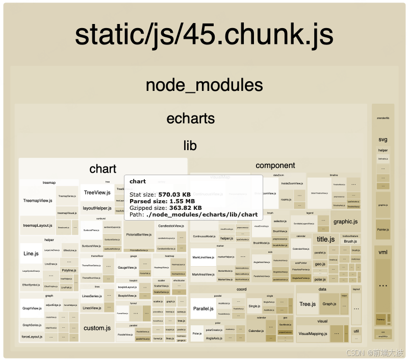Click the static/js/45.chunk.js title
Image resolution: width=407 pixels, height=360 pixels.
[204, 34]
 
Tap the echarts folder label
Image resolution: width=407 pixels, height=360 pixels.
[190, 118]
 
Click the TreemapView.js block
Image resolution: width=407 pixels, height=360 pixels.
[38, 201]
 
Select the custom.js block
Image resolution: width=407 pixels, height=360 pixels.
[97, 328]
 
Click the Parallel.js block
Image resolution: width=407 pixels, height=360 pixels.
[202, 309]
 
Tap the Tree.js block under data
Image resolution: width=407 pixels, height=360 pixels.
[308, 304]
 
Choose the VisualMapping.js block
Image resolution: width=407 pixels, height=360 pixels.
[313, 333]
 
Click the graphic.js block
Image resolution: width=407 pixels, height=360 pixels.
[345, 222]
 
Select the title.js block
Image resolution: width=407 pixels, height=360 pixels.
[325, 239]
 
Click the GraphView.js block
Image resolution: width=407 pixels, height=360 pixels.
[32, 308]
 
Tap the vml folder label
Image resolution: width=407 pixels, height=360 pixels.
[383, 252]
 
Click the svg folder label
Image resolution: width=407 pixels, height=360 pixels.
[383, 139]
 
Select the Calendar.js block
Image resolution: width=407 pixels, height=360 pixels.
[256, 331]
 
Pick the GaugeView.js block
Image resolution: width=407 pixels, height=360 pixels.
[126, 268]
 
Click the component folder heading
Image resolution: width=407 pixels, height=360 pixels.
[275, 165]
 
